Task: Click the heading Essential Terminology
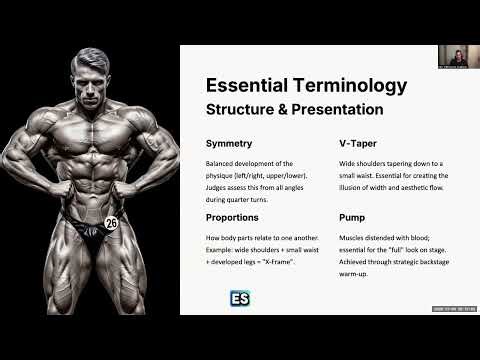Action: pyautogui.click(x=292, y=85)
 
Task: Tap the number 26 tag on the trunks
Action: pyautogui.click(x=110, y=223)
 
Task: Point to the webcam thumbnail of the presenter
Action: pyautogui.click(x=452, y=57)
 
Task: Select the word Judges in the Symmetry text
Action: pyautogui.click(x=218, y=185)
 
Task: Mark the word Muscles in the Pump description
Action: pyautogui.click(x=354, y=235)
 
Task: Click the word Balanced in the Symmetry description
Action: pyautogui.click(x=223, y=163)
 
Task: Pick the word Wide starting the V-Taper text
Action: pyautogui.click(x=349, y=163)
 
